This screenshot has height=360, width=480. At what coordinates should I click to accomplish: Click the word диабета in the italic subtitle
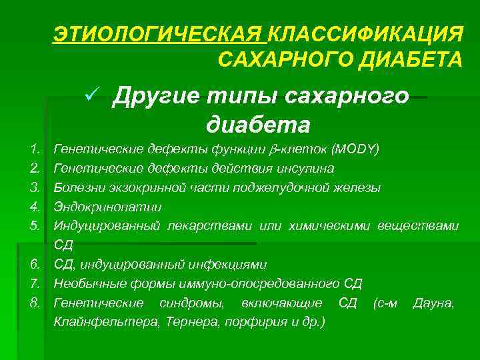click(x=259, y=124)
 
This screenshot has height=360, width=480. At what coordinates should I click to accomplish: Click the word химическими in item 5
click(x=329, y=226)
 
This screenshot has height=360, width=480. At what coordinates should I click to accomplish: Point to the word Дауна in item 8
click(x=433, y=303)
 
